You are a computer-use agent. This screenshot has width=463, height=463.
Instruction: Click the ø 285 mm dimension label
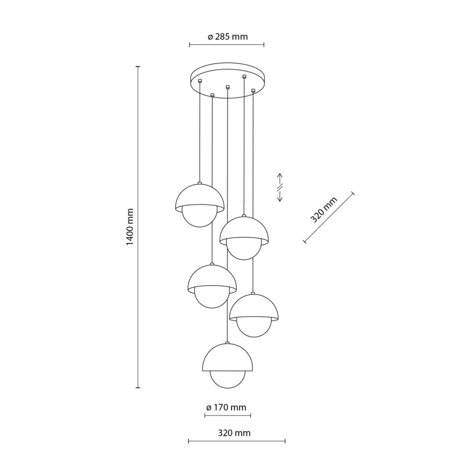pyautogui.click(x=227, y=37)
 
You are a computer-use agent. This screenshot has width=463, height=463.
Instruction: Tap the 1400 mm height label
pyautogui.click(x=130, y=227)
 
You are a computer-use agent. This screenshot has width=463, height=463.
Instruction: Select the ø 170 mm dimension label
pyautogui.click(x=226, y=408)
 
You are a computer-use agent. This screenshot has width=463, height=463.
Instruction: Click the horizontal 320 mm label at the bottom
pyautogui.click(x=234, y=433)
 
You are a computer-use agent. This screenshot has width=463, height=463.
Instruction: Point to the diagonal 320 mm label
pyautogui.click(x=324, y=210)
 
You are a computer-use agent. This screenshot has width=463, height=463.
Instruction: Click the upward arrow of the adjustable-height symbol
pyautogui.click(x=280, y=179)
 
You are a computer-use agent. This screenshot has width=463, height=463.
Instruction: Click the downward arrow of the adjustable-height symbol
pyautogui.click(x=280, y=196)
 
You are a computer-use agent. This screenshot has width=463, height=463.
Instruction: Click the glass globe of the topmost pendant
pyautogui.click(x=200, y=218)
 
